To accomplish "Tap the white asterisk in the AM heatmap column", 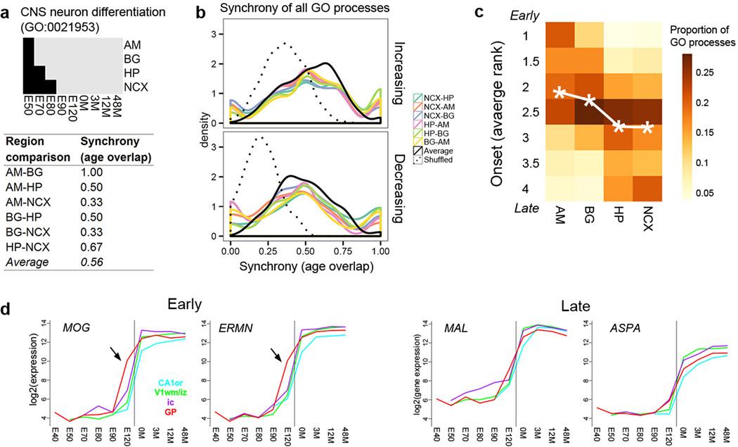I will pyautogui.click(x=559, y=92).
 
